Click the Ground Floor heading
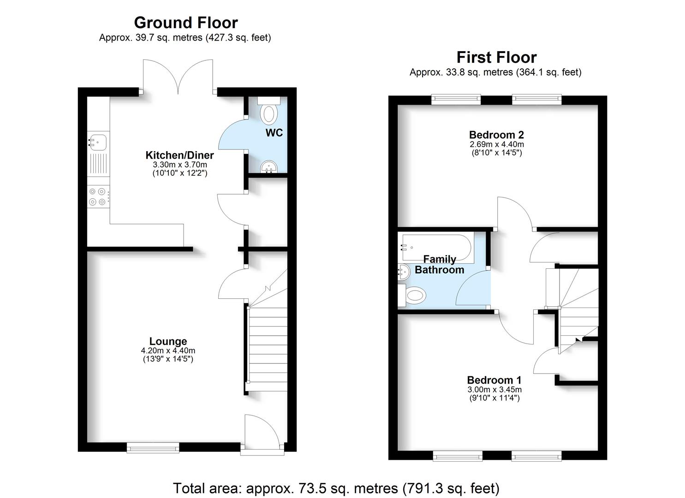point(185,23)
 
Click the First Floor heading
point(496,57)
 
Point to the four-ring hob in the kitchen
point(98,197)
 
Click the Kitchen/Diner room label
point(179,155)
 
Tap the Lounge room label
point(168,341)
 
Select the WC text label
point(274,133)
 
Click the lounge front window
point(153,447)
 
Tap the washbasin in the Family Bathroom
point(403,272)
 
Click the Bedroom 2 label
point(496,135)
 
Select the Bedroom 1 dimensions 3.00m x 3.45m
point(494,390)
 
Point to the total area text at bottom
point(336,488)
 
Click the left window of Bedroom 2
point(456,100)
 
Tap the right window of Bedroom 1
point(536,456)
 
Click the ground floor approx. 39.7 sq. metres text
point(185,38)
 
